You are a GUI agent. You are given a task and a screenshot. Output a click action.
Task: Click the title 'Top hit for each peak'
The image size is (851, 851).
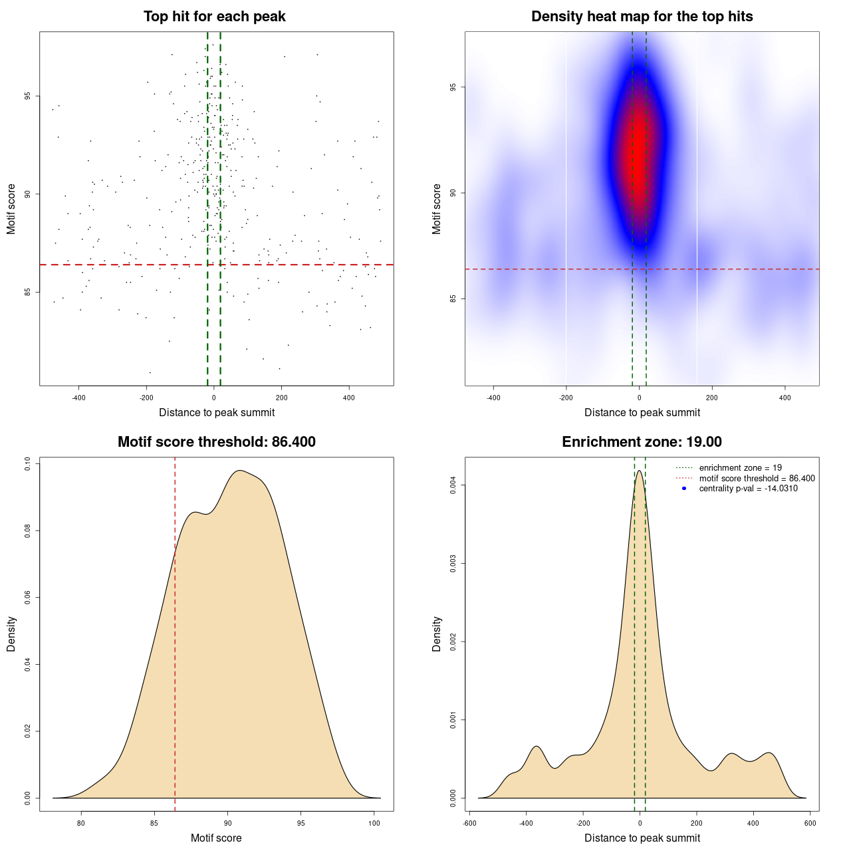(x=214, y=17)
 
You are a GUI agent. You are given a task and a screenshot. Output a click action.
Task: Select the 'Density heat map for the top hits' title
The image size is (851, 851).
(x=642, y=17)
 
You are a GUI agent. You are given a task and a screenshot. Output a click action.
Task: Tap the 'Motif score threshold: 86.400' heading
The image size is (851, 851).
(x=216, y=442)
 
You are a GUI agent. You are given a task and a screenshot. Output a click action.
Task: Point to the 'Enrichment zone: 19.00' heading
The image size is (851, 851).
(x=642, y=442)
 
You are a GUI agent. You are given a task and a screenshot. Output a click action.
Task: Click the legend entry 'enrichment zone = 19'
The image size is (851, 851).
(x=740, y=468)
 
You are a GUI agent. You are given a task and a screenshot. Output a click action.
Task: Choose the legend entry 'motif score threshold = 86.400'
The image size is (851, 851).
(x=757, y=478)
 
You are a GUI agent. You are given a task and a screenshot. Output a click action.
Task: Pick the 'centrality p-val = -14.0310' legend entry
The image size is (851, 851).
(x=748, y=489)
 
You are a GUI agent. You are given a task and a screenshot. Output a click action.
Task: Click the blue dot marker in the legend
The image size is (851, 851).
(x=684, y=489)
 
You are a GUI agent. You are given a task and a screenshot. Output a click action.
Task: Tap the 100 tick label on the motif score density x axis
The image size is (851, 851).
(x=374, y=823)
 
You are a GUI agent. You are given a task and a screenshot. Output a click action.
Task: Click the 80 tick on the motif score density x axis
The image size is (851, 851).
(x=81, y=823)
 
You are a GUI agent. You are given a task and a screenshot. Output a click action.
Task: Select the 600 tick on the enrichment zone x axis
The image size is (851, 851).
(x=810, y=823)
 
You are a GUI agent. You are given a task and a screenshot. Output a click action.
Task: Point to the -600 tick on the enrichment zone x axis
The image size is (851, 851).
(x=469, y=823)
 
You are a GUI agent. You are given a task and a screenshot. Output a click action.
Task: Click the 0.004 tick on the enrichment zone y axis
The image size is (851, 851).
(x=453, y=485)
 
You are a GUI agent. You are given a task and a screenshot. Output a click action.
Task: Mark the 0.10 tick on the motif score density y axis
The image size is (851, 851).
(x=28, y=463)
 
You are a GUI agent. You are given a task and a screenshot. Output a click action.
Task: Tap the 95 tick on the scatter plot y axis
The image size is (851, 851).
(x=28, y=96)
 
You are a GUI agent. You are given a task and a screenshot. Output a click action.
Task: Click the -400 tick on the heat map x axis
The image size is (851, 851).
(x=493, y=398)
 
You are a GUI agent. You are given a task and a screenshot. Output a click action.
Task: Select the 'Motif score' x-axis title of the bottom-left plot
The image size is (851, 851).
(x=216, y=838)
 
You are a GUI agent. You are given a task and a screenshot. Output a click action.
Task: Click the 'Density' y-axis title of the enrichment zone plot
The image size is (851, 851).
(x=437, y=634)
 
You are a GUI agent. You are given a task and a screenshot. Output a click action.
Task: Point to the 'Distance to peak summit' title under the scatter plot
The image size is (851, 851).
(x=217, y=412)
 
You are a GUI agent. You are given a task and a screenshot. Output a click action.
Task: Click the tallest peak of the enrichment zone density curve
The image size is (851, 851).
(x=640, y=471)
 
